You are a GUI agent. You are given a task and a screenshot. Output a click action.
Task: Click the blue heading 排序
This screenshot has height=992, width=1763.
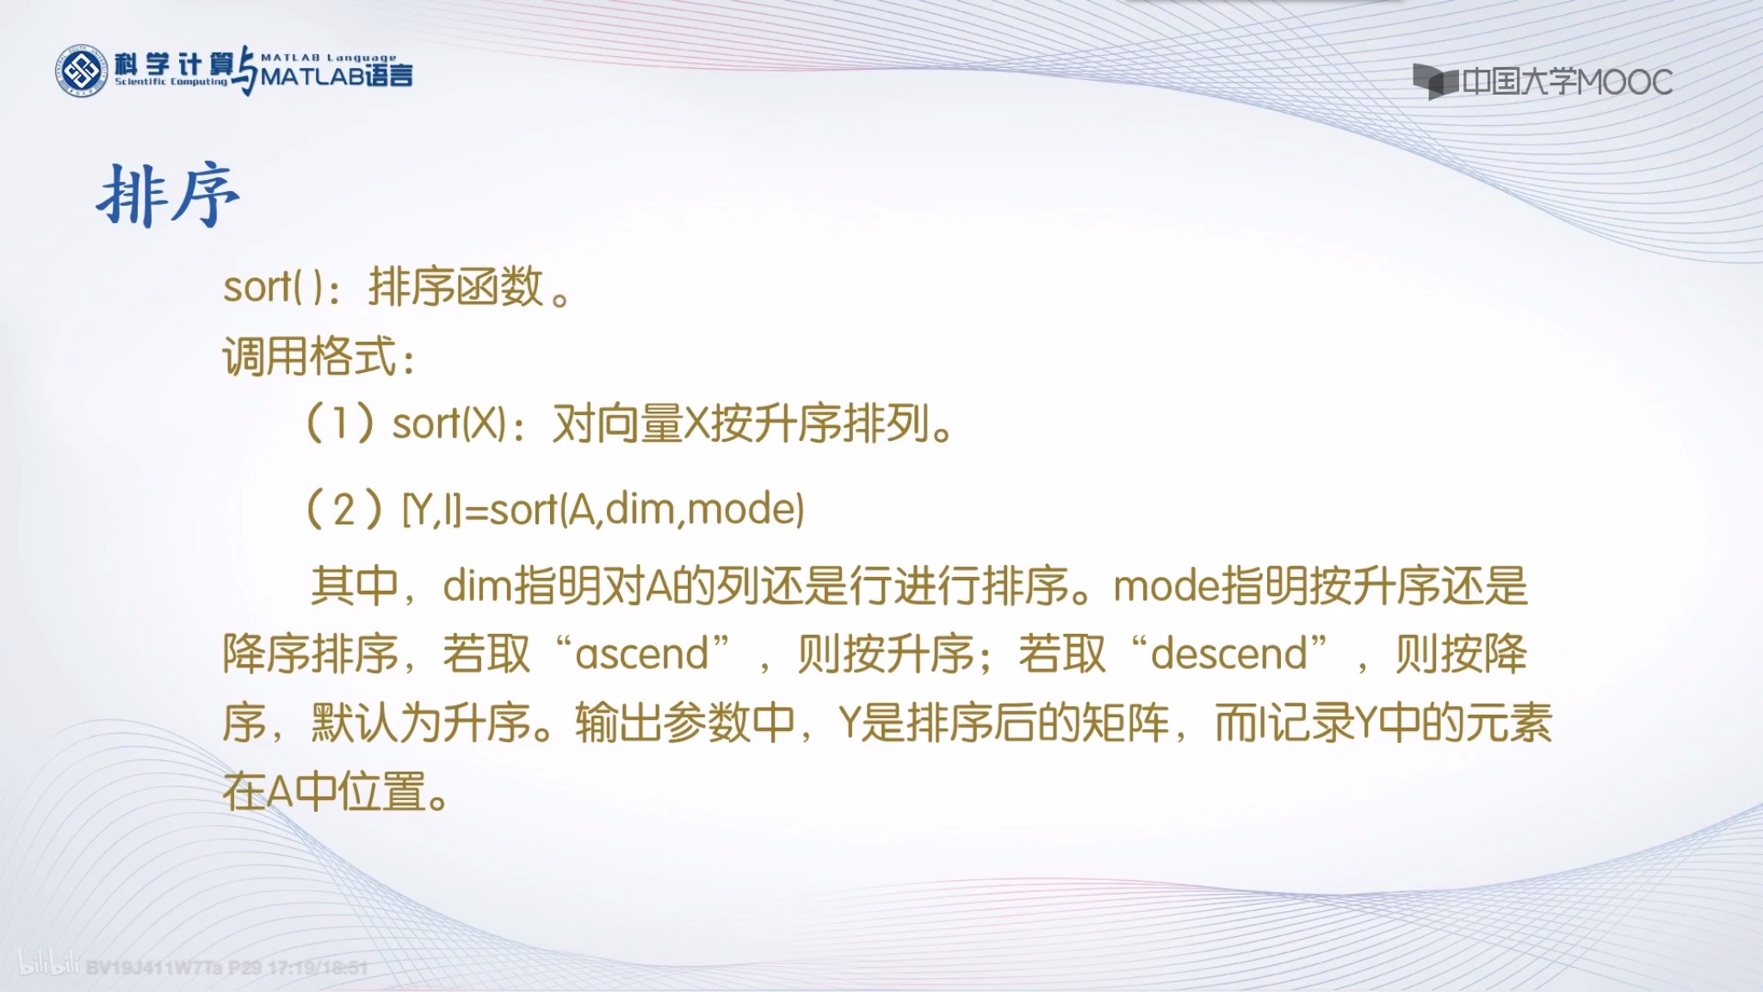pyautogui.click(x=168, y=196)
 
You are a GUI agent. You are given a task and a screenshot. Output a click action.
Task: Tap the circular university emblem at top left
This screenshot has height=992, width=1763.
pyautogui.click(x=81, y=71)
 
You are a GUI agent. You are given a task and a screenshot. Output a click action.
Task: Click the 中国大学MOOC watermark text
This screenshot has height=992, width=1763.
pyautogui.click(x=1566, y=83)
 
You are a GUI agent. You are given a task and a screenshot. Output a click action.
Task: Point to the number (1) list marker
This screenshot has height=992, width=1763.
pyautogui.click(x=341, y=423)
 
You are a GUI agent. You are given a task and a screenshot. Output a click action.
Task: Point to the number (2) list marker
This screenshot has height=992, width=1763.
pyautogui.click(x=343, y=509)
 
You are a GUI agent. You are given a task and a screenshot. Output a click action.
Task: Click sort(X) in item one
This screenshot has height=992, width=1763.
pyautogui.click(x=448, y=424)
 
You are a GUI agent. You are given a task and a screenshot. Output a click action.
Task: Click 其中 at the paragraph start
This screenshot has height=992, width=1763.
pyautogui.click(x=354, y=586)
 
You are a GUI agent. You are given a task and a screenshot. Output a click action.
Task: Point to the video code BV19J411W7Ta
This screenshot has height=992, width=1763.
pyautogui.click(x=155, y=967)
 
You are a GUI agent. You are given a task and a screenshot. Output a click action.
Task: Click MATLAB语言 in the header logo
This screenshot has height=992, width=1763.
pyautogui.click(x=337, y=76)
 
